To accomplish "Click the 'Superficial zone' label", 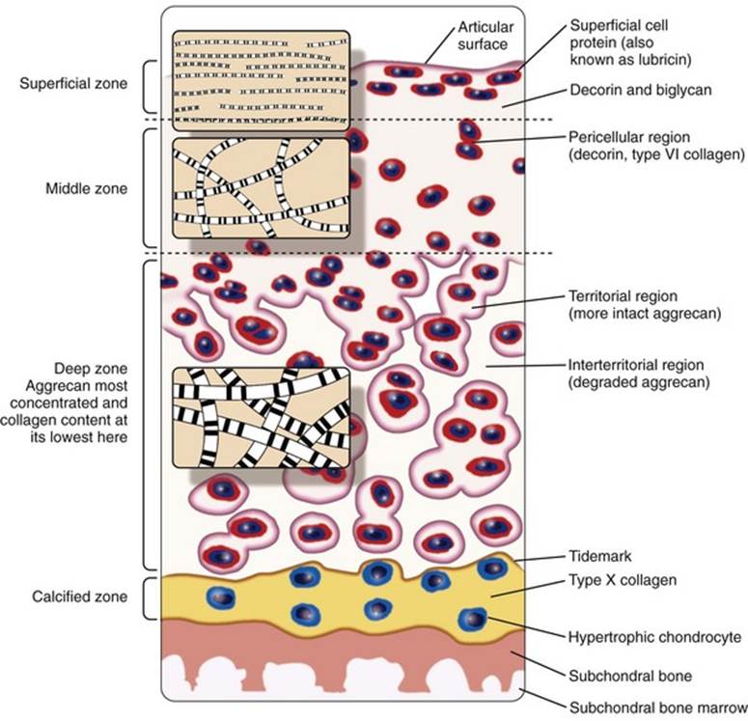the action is coord(73,84).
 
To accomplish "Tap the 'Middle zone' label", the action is coord(86,188).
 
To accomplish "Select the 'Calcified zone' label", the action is coord(80,596).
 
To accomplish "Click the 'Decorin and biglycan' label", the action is coord(641,90).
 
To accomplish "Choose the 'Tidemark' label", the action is coord(600,556).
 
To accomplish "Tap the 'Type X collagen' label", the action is coord(623,580).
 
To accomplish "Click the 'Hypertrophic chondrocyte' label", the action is coord(655,637).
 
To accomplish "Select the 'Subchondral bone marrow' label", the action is coord(658,707).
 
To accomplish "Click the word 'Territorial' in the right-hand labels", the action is coord(598,296).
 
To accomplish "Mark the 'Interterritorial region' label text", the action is coord(636,365).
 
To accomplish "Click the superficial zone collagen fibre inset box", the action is coord(261,81).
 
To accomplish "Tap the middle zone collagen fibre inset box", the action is coord(261,188).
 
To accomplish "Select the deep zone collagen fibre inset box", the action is coord(261,418).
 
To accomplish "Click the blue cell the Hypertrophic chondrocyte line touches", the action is coord(472,619).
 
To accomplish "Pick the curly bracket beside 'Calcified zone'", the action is coord(145,598).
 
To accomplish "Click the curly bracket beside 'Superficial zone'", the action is coord(145,87).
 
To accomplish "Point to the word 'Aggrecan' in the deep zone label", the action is coord(54,385).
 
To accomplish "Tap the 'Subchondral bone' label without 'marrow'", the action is coord(630,676).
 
